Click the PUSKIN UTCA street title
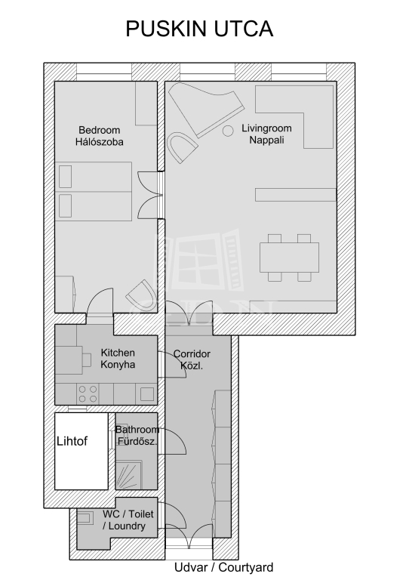point(199,29)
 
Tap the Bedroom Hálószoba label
point(100,136)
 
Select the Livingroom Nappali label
point(266,134)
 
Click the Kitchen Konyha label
point(118,359)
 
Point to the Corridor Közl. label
point(192,359)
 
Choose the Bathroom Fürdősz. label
point(137,435)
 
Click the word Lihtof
point(72,441)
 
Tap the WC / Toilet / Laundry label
point(128,520)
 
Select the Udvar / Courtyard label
point(224,567)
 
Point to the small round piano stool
point(228,131)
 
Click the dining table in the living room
point(289,258)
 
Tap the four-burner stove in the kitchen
point(88,394)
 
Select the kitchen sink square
point(146,394)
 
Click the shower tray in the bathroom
point(129,475)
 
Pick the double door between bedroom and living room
point(151,195)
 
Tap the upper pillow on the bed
point(66,177)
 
